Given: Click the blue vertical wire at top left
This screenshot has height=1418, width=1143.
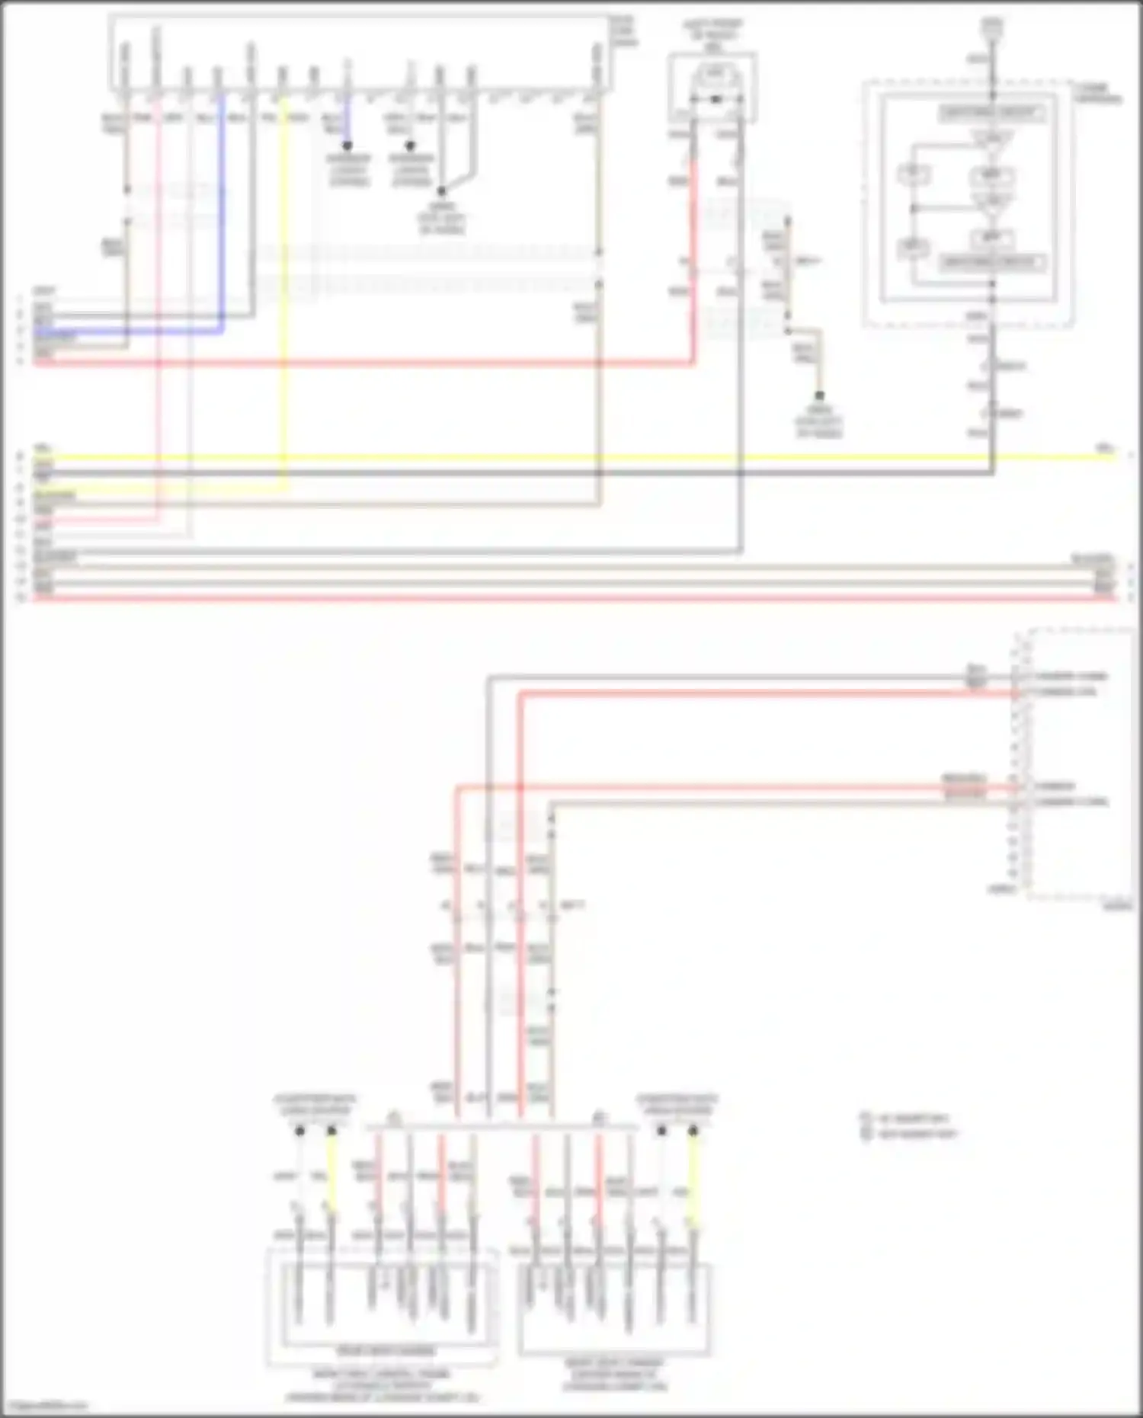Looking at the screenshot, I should [x=223, y=213].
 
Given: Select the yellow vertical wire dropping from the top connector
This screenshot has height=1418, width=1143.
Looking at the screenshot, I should [x=285, y=305].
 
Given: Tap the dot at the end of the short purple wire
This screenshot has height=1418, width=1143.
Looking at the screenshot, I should [x=347, y=146].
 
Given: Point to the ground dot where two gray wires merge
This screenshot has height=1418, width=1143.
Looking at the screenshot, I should [x=441, y=191].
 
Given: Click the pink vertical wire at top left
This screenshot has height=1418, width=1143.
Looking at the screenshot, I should [x=158, y=305].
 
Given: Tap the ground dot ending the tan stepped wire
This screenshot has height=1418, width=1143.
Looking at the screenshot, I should [x=819, y=396].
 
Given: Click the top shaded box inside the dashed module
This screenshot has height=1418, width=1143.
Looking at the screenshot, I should [x=991, y=113].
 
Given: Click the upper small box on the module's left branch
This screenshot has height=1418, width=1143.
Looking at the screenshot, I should [x=912, y=174].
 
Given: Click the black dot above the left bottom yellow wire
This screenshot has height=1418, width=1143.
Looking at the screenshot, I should [x=331, y=1132].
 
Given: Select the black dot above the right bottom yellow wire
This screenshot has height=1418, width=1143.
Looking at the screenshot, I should [x=693, y=1132].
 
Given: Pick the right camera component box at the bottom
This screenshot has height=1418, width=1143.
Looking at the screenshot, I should [x=614, y=1308].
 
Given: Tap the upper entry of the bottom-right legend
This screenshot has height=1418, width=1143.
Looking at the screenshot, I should [x=907, y=1119].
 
